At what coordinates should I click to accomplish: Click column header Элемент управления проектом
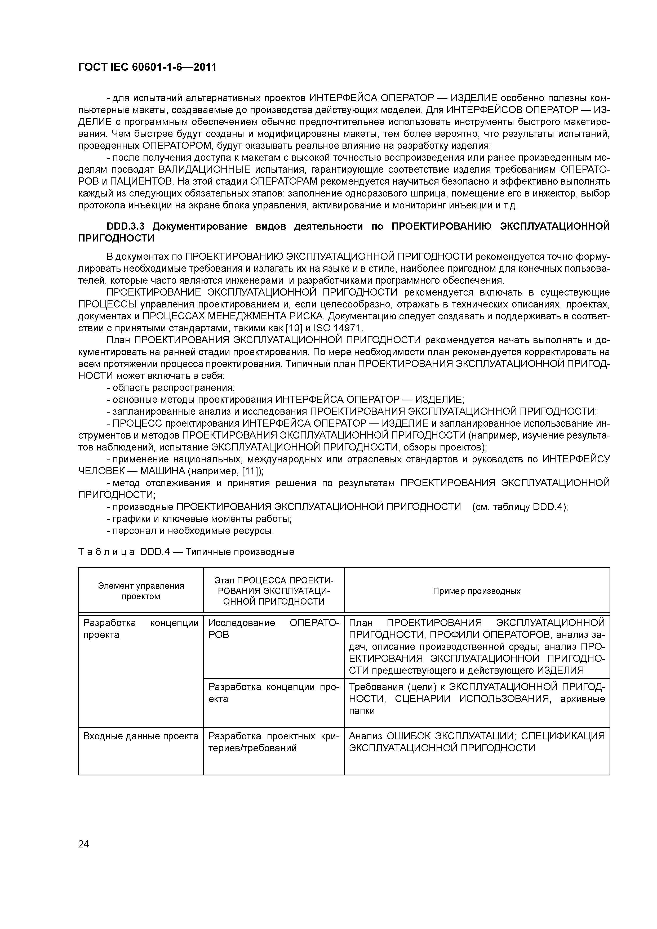(141, 591)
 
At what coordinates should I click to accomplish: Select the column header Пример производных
(476, 591)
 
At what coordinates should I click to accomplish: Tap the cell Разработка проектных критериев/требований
(274, 742)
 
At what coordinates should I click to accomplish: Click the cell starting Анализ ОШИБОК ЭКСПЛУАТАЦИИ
(476, 742)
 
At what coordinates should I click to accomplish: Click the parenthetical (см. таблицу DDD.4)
(520, 507)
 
